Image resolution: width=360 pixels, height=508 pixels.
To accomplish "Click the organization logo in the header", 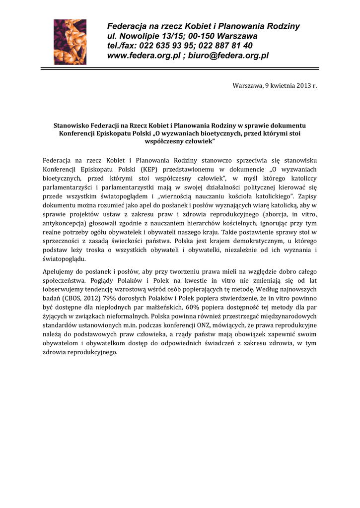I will coord(70,42).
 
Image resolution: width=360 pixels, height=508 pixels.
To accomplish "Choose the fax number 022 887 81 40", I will coord(229,46).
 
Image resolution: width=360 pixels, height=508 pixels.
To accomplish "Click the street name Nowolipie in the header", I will coord(140,36).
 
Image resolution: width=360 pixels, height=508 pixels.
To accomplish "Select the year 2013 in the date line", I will coord(300,86).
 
